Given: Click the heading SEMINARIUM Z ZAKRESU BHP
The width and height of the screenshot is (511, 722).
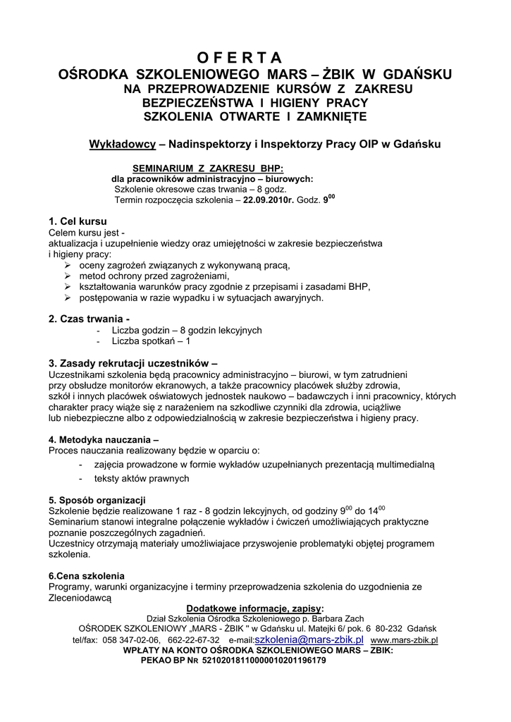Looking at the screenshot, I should pos(208,169).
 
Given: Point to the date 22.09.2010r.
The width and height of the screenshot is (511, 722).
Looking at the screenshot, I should pos(269,200).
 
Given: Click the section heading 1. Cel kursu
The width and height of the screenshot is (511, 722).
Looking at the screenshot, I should pos(78,221).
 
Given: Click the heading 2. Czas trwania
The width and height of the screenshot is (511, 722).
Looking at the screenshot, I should pos(89,319).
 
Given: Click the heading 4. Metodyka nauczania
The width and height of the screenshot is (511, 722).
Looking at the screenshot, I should pos(104,439).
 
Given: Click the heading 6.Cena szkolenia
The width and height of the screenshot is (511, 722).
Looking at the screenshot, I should pos(86,575).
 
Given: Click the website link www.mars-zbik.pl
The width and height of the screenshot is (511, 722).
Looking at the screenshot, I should pos(404,640).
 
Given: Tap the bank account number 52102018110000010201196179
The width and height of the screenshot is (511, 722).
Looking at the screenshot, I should pos(264,661).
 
